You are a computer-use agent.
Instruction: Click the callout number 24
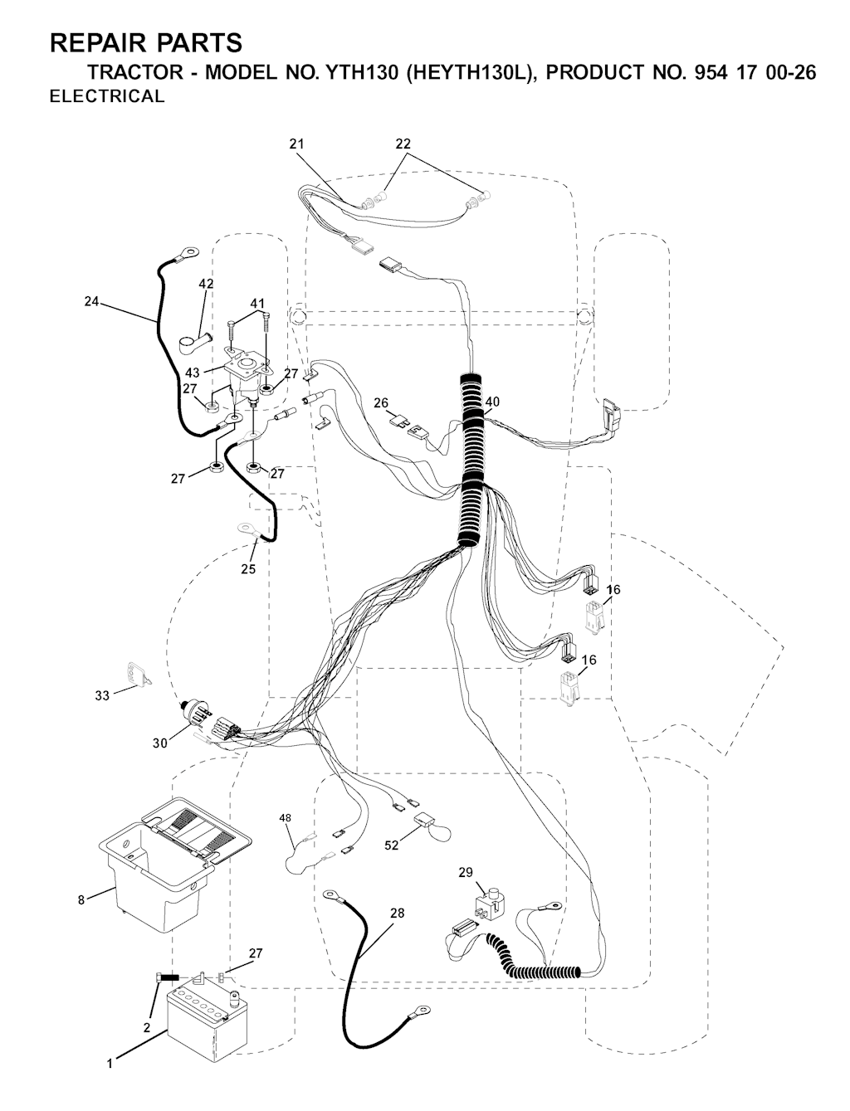[91, 302]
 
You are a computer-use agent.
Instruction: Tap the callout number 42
[206, 284]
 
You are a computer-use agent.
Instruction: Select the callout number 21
[296, 144]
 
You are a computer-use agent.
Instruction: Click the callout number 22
[403, 144]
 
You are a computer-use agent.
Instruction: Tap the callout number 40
[491, 402]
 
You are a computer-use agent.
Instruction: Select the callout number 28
[398, 913]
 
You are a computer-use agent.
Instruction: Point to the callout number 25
[248, 569]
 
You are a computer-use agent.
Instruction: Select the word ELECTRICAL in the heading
[107, 96]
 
